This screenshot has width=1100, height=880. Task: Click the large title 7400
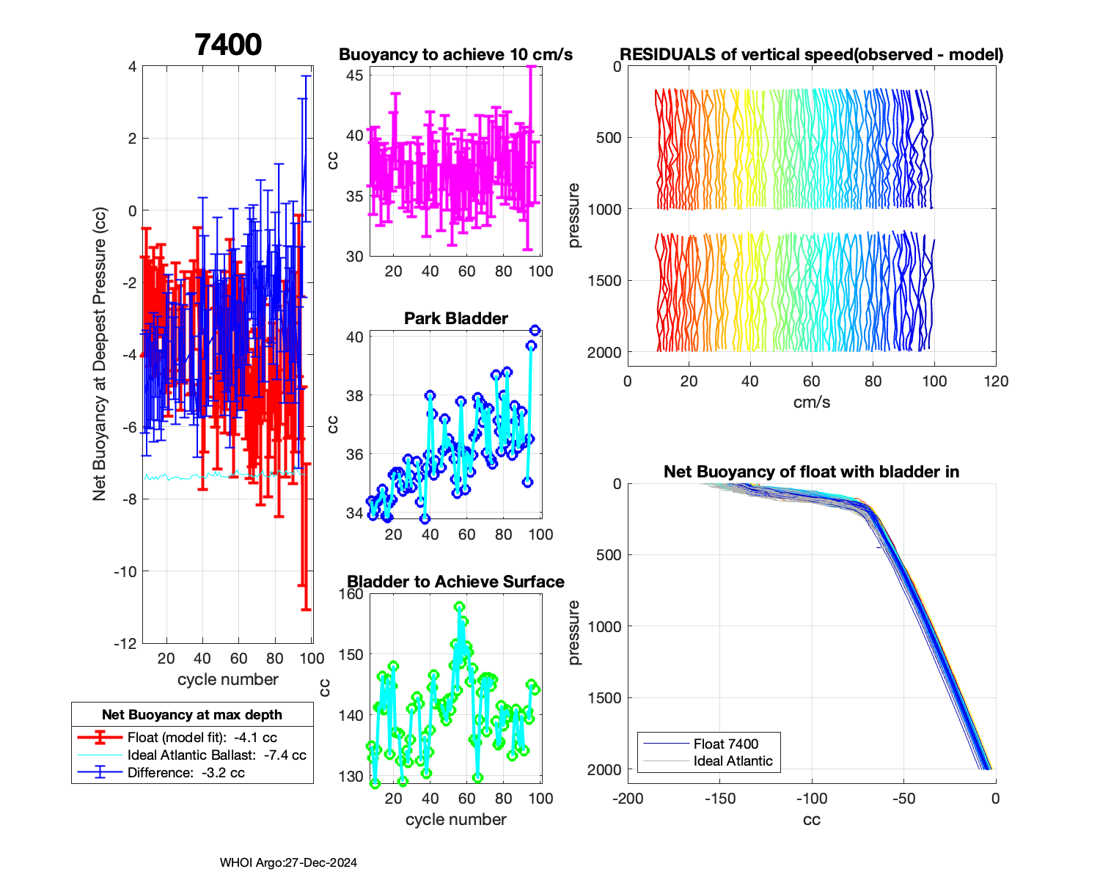pyautogui.click(x=228, y=45)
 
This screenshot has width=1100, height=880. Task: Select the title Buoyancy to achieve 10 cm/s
pyautogui.click(x=455, y=55)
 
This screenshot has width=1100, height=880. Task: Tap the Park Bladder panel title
pyautogui.click(x=455, y=318)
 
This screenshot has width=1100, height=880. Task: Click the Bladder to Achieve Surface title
pyautogui.click(x=455, y=582)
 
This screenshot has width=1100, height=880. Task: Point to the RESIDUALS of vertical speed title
pyautogui.click(x=811, y=55)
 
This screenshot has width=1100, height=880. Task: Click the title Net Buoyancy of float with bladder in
pyautogui.click(x=811, y=472)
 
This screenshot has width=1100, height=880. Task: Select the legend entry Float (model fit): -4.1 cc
pyautogui.click(x=202, y=738)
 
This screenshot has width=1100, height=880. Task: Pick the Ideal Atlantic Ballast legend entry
pyautogui.click(x=216, y=755)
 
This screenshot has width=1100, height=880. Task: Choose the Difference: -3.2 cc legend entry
pyautogui.click(x=186, y=772)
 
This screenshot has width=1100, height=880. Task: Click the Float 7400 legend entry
pyautogui.click(x=725, y=744)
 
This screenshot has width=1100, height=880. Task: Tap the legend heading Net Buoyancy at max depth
pyautogui.click(x=192, y=714)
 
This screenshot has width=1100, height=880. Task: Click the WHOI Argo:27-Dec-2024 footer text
pyautogui.click(x=288, y=863)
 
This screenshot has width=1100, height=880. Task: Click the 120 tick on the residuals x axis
pyautogui.click(x=996, y=381)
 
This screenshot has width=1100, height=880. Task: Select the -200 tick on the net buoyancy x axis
pyautogui.click(x=628, y=799)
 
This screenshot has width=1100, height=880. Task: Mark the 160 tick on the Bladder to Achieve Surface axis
pyautogui.click(x=352, y=594)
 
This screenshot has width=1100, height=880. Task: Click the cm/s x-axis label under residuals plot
pyautogui.click(x=811, y=403)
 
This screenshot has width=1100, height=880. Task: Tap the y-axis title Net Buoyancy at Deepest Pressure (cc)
pyautogui.click(x=100, y=354)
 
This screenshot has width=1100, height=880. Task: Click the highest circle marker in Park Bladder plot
pyautogui.click(x=535, y=331)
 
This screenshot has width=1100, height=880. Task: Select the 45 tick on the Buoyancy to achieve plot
pyautogui.click(x=354, y=75)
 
